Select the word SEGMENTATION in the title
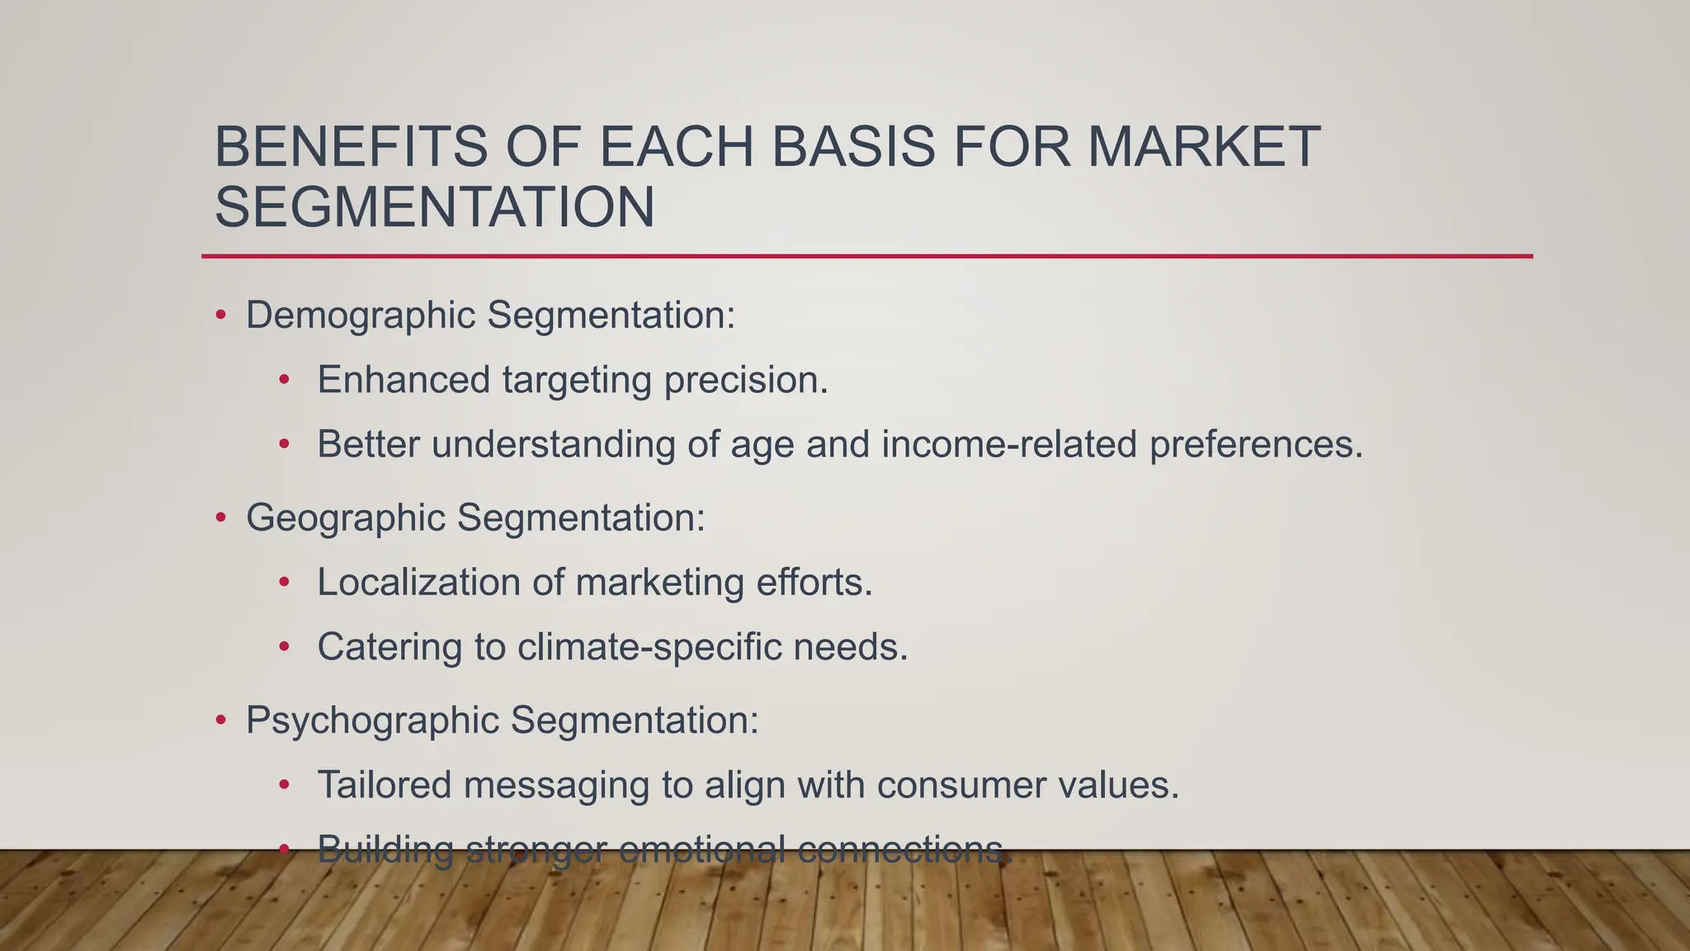[x=435, y=207]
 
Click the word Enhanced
[x=404, y=381]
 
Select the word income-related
[x=1009, y=444]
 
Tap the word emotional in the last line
[x=701, y=849]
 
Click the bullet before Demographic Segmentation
[x=220, y=316]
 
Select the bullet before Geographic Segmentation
[x=220, y=518]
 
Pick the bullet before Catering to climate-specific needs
[x=285, y=647]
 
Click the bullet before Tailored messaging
[x=285, y=785]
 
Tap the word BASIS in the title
[x=854, y=148]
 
